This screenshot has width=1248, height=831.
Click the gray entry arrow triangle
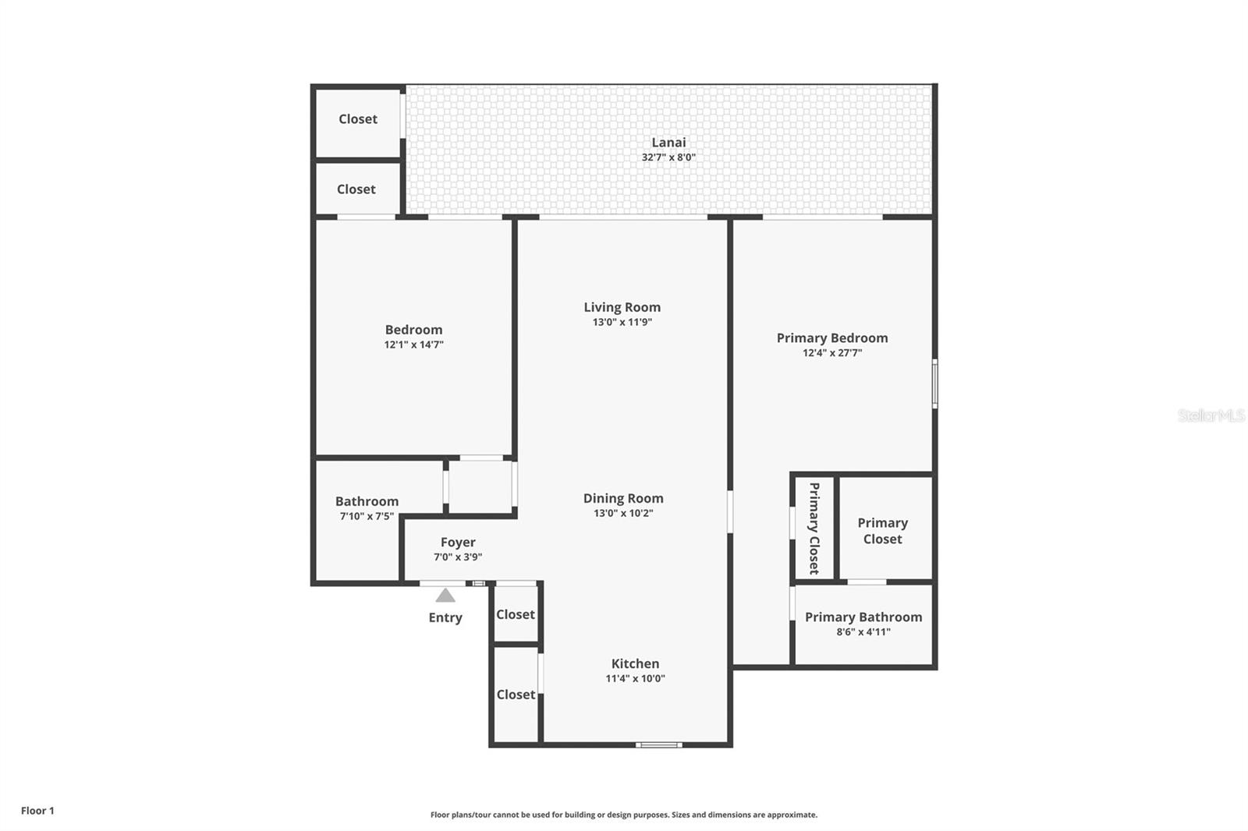click(445, 596)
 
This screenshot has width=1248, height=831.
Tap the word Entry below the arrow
click(445, 617)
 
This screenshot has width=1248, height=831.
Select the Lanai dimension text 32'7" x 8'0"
click(668, 157)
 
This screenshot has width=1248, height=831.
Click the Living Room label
click(622, 307)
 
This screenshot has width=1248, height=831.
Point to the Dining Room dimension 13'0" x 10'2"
click(623, 513)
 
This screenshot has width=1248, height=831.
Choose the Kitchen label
click(635, 663)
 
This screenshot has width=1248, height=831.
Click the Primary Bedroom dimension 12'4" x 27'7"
click(832, 353)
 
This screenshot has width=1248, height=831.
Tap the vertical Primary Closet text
click(814, 529)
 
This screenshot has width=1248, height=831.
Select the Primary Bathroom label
click(863, 617)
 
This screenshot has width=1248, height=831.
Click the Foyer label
click(458, 542)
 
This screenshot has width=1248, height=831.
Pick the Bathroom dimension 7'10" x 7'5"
click(367, 516)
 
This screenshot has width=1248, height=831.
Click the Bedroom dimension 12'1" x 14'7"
click(413, 345)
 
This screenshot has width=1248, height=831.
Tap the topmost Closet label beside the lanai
click(358, 118)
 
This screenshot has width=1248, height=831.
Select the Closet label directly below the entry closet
click(516, 694)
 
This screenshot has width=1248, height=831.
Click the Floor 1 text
click(37, 811)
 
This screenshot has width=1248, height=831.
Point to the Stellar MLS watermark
click(1211, 416)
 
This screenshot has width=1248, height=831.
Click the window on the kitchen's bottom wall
click(658, 745)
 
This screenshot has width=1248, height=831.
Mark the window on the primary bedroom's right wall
click(934, 384)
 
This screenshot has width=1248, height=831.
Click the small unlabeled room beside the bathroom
click(480, 486)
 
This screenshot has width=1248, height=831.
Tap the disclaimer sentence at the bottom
click(624, 815)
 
